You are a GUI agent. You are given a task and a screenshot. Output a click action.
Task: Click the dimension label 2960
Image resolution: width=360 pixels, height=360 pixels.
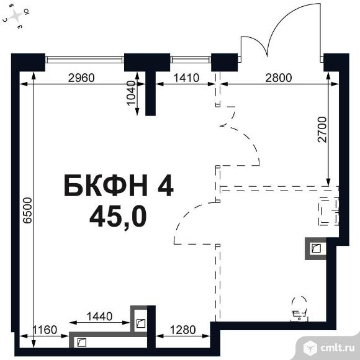tap(81, 78)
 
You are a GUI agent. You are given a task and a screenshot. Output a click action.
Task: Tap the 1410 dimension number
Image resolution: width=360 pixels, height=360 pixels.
tap(186, 78)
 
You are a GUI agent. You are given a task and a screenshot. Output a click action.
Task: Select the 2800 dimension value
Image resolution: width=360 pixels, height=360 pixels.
tap(279, 78)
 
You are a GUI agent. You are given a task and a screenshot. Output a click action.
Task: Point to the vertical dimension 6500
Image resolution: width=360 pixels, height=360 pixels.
tap(28, 210)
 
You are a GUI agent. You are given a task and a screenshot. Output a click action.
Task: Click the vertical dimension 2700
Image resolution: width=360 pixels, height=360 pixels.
tap(322, 130)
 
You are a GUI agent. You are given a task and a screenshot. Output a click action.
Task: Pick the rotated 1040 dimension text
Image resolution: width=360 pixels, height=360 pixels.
tap(132, 92)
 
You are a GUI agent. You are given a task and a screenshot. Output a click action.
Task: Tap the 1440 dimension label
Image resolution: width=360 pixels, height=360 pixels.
tap(99, 317)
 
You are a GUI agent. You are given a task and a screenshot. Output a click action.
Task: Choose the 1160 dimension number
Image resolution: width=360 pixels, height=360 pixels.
tap(45, 330)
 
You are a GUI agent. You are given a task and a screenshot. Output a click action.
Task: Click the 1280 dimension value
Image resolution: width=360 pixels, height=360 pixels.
tap(182, 330)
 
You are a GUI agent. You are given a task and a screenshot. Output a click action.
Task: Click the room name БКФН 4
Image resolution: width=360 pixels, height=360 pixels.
tap(119, 186)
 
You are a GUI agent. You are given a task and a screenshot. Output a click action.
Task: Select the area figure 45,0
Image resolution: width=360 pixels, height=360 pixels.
tap(118, 217)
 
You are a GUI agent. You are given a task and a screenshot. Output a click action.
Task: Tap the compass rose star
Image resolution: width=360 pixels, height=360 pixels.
tap(16, 16)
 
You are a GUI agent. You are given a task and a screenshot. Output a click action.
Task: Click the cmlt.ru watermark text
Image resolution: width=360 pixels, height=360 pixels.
tap(337, 348)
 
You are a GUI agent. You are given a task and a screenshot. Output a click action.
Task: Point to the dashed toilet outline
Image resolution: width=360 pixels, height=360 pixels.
tap(299, 308)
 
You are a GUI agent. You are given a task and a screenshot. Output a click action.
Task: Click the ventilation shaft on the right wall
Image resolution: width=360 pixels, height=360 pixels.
tap(316, 249)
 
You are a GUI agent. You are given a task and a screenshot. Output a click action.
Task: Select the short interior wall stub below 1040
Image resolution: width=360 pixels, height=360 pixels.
tap(151, 94)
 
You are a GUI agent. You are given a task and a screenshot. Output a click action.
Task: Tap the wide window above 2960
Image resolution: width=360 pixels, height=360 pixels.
tap(84, 60)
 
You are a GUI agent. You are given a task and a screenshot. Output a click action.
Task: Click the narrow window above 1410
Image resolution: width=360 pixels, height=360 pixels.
tap(191, 60)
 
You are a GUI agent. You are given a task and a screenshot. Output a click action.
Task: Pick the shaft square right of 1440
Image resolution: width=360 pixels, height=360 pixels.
tap(139, 318)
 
